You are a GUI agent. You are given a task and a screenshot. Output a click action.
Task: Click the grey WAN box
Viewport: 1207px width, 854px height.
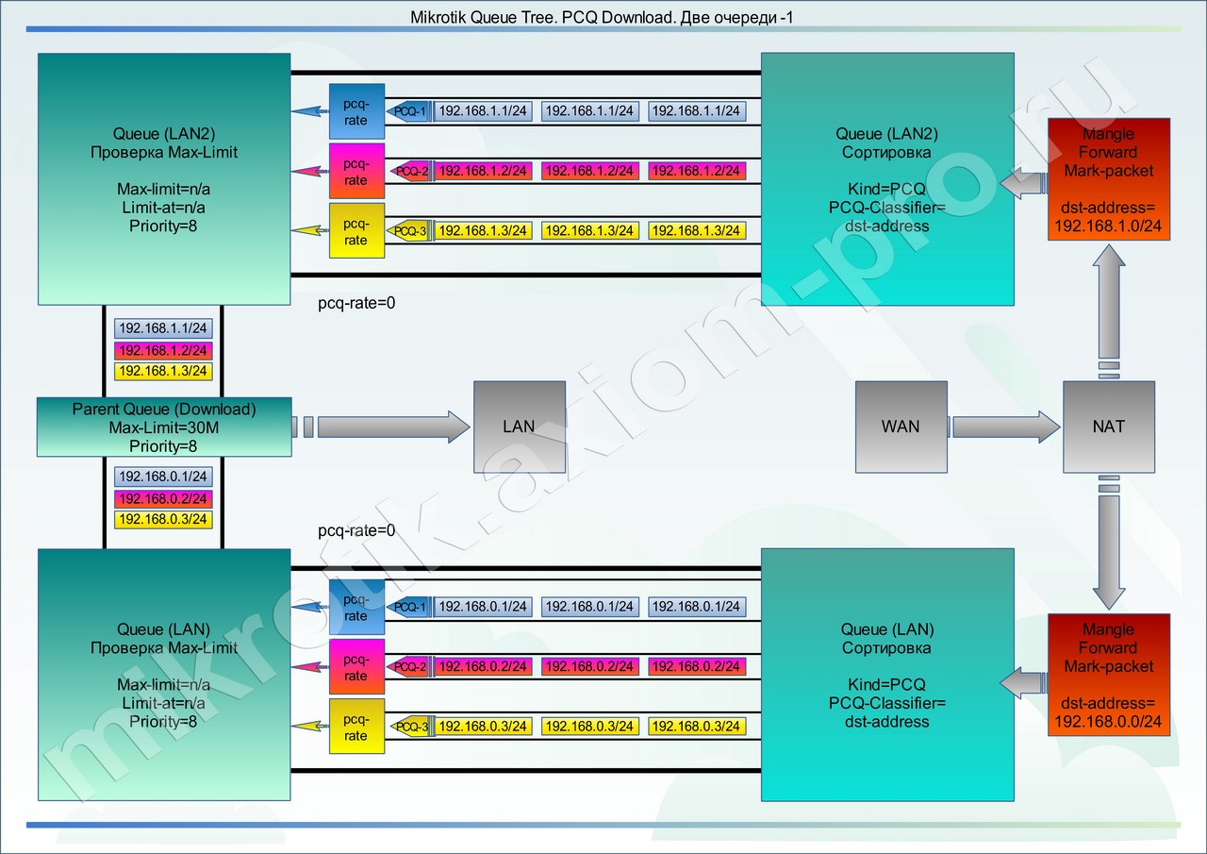901,427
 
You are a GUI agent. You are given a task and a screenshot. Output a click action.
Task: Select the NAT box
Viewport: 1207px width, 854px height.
1109,427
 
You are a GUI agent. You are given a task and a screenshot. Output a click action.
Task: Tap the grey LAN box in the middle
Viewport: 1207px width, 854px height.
520,427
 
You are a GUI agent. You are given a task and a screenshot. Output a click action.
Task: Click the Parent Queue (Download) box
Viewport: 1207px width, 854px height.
164,427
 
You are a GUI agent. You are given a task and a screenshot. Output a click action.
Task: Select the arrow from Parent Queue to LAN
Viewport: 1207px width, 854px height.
381,427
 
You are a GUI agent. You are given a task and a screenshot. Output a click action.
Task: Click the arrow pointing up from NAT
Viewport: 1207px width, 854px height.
1109,311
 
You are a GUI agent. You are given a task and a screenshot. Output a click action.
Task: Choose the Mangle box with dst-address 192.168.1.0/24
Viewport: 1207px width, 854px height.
1109,179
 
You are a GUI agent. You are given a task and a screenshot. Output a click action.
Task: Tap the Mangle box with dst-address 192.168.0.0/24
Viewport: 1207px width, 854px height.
1109,675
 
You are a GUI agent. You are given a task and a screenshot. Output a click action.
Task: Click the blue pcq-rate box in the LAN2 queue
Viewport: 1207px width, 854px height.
356,111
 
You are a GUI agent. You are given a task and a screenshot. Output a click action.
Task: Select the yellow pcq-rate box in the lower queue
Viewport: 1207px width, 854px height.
356,727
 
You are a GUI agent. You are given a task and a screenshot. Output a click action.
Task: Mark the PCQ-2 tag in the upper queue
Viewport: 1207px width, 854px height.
412,171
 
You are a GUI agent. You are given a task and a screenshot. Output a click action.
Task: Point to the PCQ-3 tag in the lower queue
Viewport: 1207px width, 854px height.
412,727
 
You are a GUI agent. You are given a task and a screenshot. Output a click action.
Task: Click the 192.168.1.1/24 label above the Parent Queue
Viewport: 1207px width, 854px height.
163,327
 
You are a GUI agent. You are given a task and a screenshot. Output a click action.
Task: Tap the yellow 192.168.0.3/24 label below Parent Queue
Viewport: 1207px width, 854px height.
163,519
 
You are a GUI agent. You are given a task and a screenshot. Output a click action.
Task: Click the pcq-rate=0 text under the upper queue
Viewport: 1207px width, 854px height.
356,303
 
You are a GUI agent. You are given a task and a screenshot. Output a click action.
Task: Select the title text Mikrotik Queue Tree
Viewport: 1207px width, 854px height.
483,17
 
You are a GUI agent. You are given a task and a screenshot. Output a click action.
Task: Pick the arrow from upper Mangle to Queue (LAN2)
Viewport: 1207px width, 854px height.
1023,183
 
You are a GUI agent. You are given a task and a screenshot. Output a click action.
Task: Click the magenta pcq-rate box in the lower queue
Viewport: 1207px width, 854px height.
356,666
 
